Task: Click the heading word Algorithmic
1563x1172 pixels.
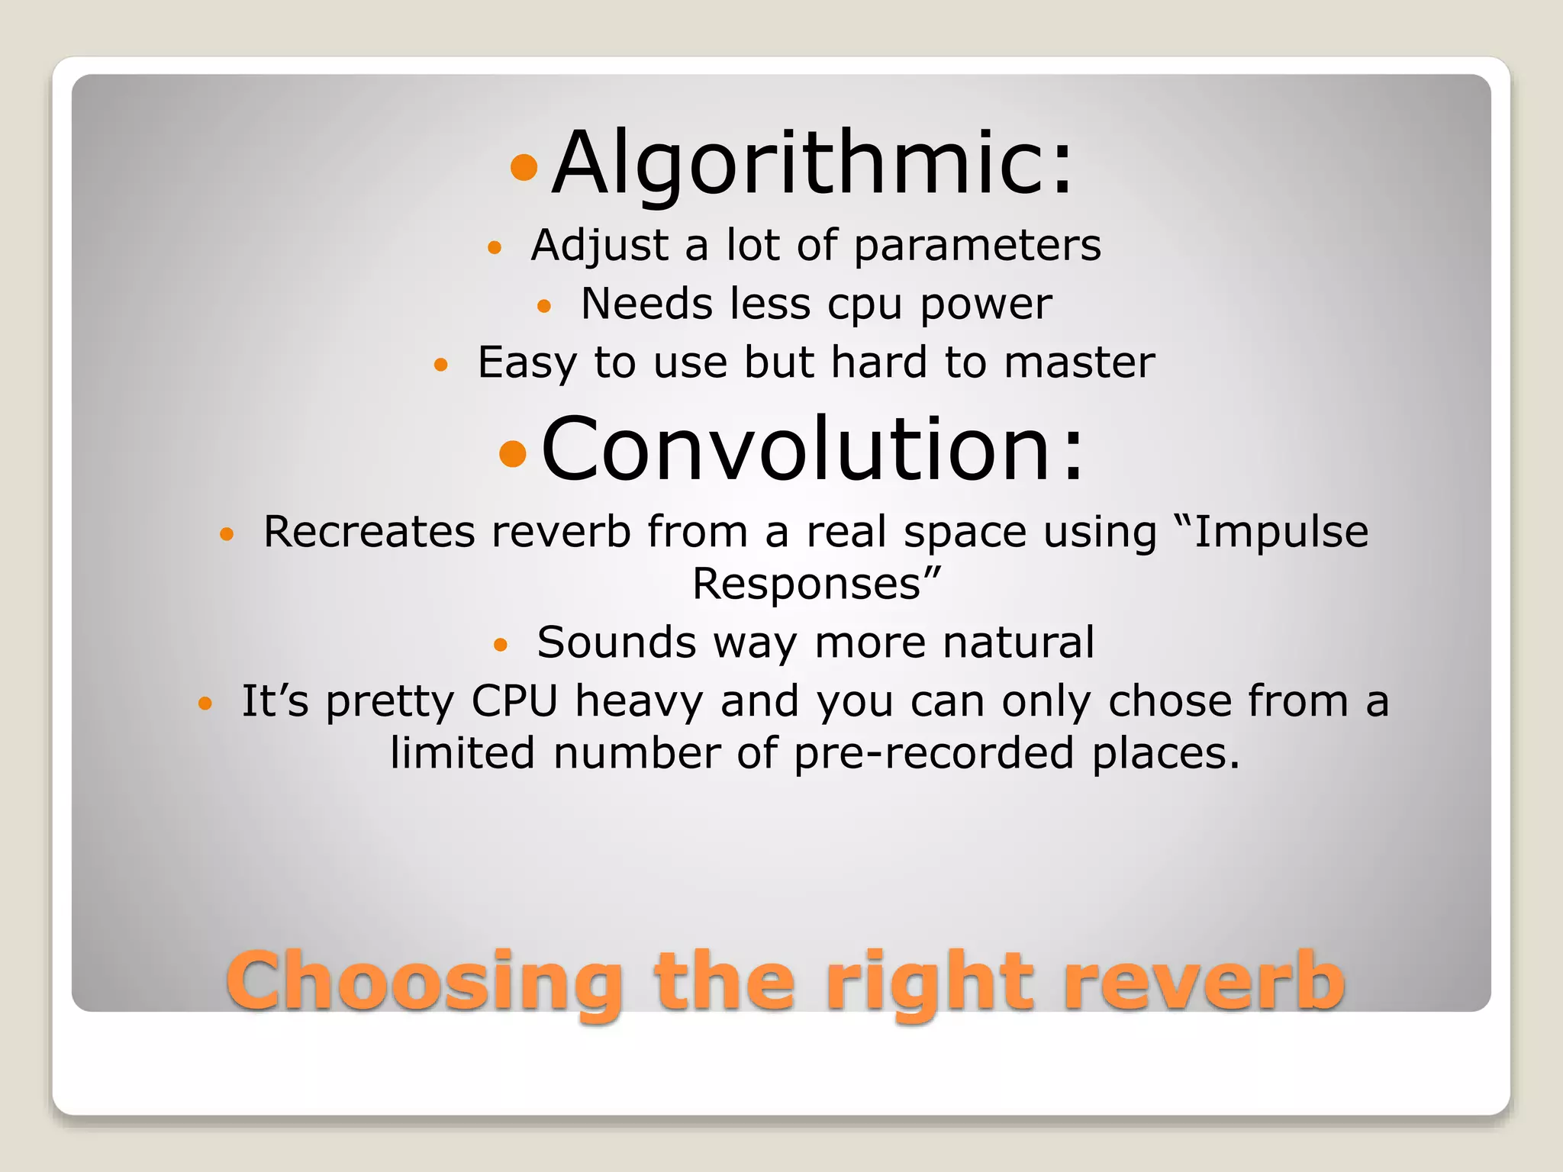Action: pyautogui.click(x=813, y=164)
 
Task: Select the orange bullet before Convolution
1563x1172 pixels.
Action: pyautogui.click(x=512, y=453)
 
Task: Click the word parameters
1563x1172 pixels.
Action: pyautogui.click(x=977, y=246)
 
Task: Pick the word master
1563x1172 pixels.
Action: pyautogui.click(x=1079, y=362)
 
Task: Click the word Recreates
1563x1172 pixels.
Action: pyautogui.click(x=369, y=532)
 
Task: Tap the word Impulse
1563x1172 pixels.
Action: pyautogui.click(x=1281, y=532)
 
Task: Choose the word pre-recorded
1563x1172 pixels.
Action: pyautogui.click(x=934, y=754)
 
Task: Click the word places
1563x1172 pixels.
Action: pyautogui.click(x=1166, y=754)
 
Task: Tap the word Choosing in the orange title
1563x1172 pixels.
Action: pyautogui.click(x=424, y=982)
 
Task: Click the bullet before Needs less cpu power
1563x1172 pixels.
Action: pyautogui.click(x=543, y=307)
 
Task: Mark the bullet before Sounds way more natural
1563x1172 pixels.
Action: pyautogui.click(x=500, y=645)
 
